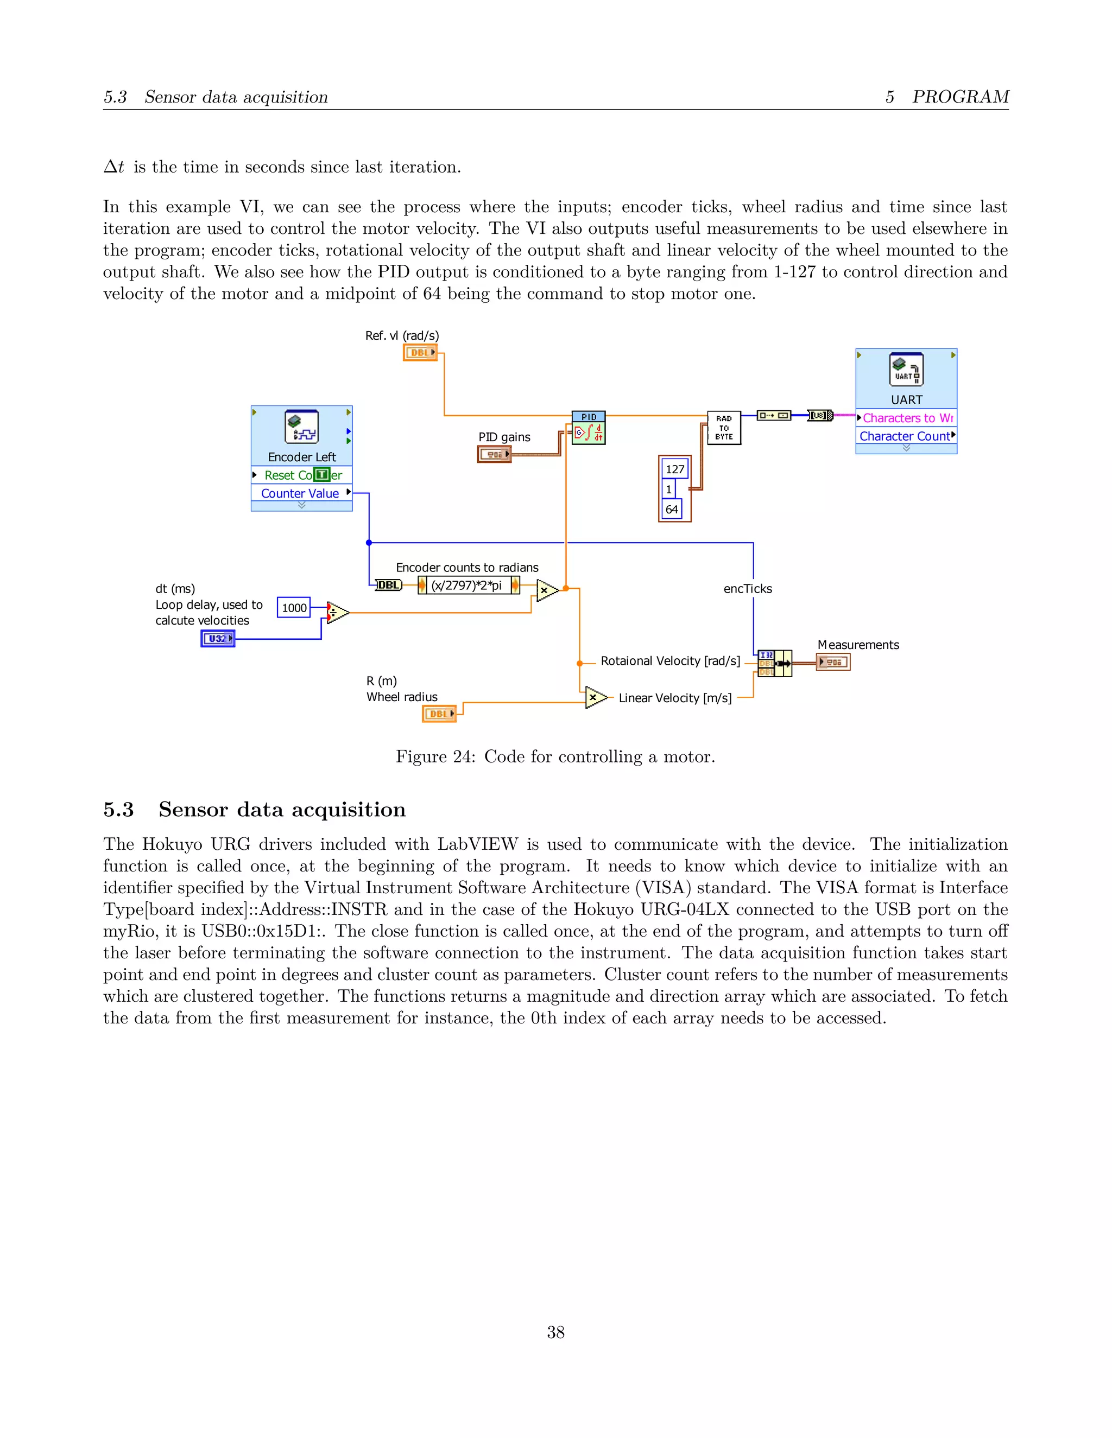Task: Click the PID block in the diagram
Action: [588, 428]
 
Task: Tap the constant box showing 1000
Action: [294, 608]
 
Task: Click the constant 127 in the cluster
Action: [674, 469]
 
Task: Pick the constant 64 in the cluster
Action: [671, 509]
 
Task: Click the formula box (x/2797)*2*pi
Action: [467, 584]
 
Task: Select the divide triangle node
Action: [337, 612]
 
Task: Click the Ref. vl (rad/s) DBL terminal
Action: [420, 353]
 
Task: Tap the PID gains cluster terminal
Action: [494, 454]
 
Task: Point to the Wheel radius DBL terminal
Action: [439, 714]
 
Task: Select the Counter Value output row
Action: [301, 493]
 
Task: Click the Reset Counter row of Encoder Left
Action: [301, 475]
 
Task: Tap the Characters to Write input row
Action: [906, 418]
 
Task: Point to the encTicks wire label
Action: [747, 589]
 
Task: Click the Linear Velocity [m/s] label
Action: [674, 698]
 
